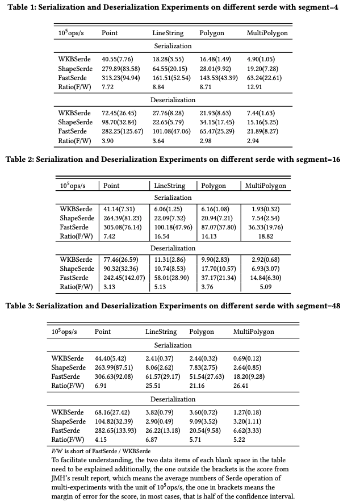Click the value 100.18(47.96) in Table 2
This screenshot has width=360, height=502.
pyautogui.click(x=174, y=227)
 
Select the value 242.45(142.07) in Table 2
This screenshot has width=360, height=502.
pyautogui.click(x=123, y=278)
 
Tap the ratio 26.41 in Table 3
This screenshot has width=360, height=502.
pyautogui.click(x=242, y=386)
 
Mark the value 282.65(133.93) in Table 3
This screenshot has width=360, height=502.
pyautogui.click(x=116, y=430)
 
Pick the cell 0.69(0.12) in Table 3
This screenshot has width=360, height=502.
pyautogui.click(x=248, y=358)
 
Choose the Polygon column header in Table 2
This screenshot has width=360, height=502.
pyautogui.click(x=214, y=186)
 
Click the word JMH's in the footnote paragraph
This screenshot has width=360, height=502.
pyautogui.click(x=64, y=478)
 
